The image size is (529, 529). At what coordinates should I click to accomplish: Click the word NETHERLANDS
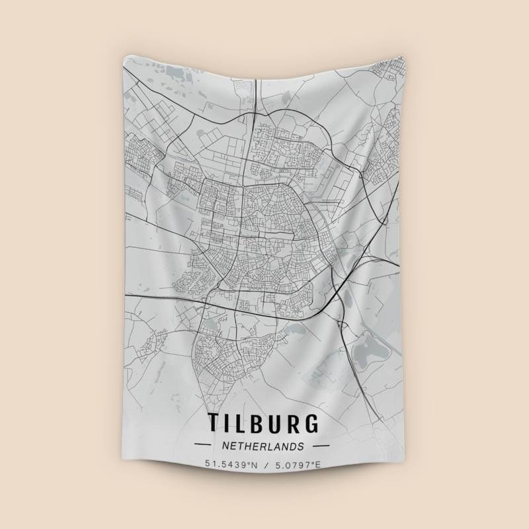tap(264, 446)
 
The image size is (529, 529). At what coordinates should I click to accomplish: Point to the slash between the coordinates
tap(264, 465)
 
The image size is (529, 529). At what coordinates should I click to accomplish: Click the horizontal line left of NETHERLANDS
tap(203, 446)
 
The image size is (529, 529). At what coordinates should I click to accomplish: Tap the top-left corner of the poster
tap(124, 57)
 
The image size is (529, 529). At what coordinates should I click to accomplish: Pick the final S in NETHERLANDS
tap(302, 446)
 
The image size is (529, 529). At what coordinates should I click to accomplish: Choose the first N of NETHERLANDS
tap(226, 446)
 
